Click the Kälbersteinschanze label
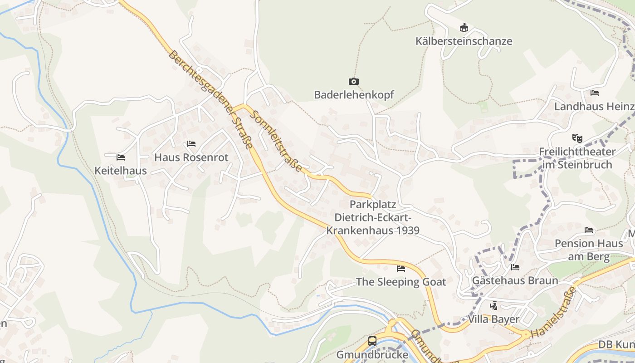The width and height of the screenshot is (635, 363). [x=464, y=41]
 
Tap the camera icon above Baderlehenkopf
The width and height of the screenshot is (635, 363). [x=353, y=82]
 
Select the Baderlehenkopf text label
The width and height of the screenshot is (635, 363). [x=354, y=95]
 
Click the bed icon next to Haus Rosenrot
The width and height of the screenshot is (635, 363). [x=191, y=144]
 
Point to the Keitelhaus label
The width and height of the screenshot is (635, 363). [x=121, y=171]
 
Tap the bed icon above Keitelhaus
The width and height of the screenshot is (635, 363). [x=121, y=157]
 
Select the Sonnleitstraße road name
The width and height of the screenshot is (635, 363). [x=277, y=141]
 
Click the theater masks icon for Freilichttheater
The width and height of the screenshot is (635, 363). [x=577, y=137]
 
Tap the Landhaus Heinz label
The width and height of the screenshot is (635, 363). [x=594, y=107]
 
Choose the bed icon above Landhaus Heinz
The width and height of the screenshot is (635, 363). [x=595, y=93]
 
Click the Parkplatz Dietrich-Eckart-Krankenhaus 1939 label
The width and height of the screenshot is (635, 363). [x=373, y=217]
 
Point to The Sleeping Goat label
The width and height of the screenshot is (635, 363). [x=401, y=282]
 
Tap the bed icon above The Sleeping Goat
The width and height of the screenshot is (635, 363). [x=401, y=268]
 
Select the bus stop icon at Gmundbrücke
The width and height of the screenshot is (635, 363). [x=372, y=341]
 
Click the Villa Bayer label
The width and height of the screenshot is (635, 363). [x=493, y=319]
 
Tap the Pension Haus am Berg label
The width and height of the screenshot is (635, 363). [x=589, y=250]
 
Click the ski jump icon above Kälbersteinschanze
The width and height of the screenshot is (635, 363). [x=464, y=28]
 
